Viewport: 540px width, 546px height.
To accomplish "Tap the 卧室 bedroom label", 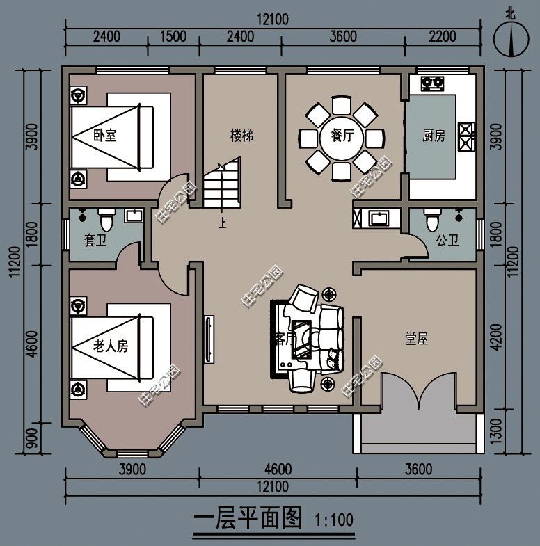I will click(104, 135).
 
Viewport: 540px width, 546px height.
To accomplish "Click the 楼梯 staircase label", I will click(241, 136).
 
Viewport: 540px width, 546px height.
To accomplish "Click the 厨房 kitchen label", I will click(434, 136).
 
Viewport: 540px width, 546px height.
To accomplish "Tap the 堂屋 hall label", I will click(416, 339).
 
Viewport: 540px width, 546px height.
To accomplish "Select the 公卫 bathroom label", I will click(447, 241).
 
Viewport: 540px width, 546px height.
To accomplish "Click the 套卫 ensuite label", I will click(95, 241).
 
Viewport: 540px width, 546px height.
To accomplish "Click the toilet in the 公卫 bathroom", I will click(431, 221).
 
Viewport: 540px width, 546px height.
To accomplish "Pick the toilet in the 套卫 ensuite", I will click(106, 220).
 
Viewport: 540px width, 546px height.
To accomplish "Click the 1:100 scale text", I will click(335, 520).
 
